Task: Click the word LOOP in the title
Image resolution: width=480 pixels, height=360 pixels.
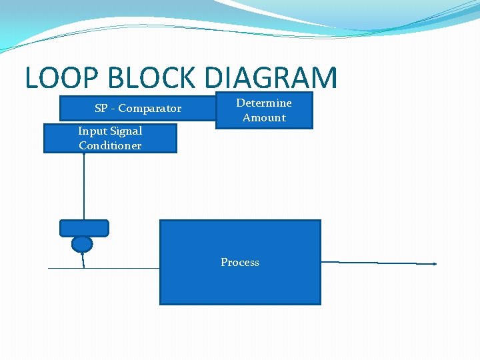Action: [x=59, y=78]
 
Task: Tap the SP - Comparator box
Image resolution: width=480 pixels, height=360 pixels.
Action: [x=137, y=108]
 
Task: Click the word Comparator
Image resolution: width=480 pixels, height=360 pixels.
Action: [x=149, y=108]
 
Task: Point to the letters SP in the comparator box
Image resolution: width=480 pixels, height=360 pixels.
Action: [x=101, y=108]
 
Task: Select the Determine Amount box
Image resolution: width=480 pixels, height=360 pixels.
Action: [x=264, y=110]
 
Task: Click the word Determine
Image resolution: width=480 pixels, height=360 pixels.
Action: [x=264, y=103]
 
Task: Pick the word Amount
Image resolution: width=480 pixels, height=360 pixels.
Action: [x=264, y=118]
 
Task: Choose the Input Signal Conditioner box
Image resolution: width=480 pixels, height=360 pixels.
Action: [x=110, y=139]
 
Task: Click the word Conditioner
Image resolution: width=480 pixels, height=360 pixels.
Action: [x=110, y=146]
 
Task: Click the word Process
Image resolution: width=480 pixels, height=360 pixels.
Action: [x=240, y=262]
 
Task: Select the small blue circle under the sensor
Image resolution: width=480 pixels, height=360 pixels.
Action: [x=82, y=244]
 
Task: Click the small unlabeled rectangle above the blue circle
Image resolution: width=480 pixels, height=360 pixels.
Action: [x=84, y=228]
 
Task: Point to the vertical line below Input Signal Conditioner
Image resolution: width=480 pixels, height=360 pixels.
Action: [x=84, y=187]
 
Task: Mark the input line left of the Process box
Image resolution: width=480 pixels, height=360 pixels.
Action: [x=120, y=268]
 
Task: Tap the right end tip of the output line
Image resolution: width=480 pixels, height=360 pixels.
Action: [x=435, y=264]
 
